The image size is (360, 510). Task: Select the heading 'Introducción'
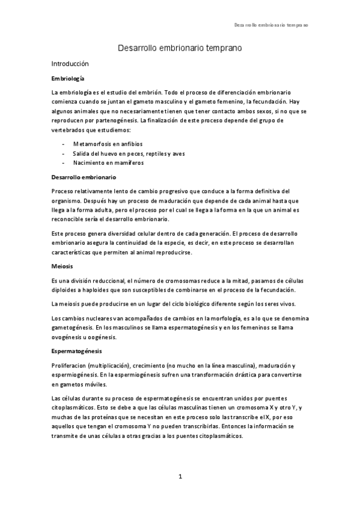[70, 63]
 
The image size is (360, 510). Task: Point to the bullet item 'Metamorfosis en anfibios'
[107, 144]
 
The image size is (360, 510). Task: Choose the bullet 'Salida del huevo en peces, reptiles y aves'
[129, 153]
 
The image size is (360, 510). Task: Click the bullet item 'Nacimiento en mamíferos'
[108, 162]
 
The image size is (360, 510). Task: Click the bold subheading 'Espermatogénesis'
[77, 350]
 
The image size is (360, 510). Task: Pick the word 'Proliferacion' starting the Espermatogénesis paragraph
[71, 366]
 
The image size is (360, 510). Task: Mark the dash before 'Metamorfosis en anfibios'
[64, 144]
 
